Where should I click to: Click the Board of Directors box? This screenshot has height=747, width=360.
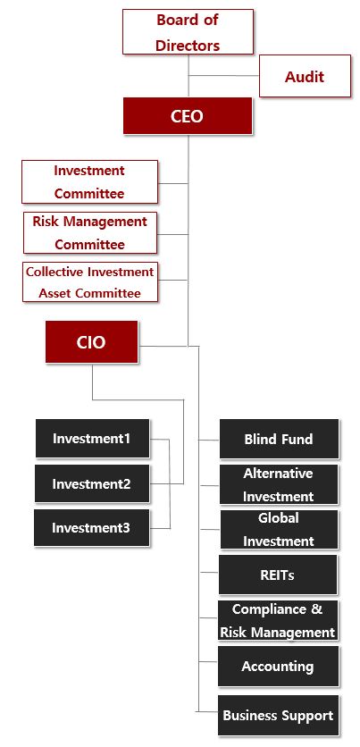pyautogui.click(x=188, y=32)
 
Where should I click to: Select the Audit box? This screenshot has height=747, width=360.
pyautogui.click(x=305, y=76)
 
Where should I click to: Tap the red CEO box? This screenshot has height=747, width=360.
pyautogui.click(x=188, y=116)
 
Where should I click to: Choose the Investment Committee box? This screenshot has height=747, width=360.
pyautogui.click(x=89, y=182)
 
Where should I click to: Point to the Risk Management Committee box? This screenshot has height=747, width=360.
pyautogui.click(x=90, y=233)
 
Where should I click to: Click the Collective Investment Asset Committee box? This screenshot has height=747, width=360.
pyautogui.click(x=90, y=282)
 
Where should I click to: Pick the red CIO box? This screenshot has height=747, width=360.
pyautogui.click(x=91, y=342)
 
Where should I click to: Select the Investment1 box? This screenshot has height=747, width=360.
pyautogui.click(x=92, y=439)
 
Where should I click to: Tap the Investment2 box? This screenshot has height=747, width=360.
pyautogui.click(x=92, y=483)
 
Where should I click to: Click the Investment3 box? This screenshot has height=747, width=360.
pyautogui.click(x=91, y=528)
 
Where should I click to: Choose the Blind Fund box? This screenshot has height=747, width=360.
pyautogui.click(x=279, y=439)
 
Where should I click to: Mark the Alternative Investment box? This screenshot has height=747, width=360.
pyautogui.click(x=279, y=484)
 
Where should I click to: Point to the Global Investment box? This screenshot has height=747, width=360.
pyautogui.click(x=279, y=530)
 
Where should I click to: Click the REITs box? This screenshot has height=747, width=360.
pyautogui.click(x=278, y=575)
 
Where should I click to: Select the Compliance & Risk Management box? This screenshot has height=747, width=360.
pyautogui.click(x=278, y=621)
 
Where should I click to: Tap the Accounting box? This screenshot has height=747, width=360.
pyautogui.click(x=279, y=666)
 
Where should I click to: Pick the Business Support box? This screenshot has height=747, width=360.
pyautogui.click(x=279, y=715)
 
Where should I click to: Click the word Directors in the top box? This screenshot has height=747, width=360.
pyautogui.click(x=188, y=46)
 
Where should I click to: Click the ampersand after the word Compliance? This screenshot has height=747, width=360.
pyautogui.click(x=317, y=609)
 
